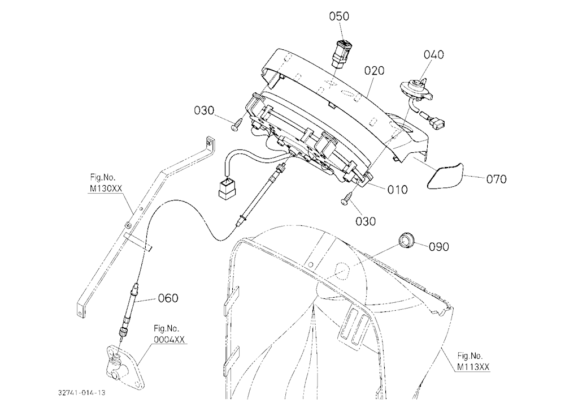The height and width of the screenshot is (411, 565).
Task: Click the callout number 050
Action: click(x=339, y=16)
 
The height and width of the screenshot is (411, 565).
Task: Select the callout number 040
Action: click(x=434, y=54)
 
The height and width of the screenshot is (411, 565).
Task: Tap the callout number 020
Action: click(x=375, y=70)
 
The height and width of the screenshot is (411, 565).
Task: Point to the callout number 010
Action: click(x=397, y=190)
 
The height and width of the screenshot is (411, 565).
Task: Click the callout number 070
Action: click(x=496, y=179)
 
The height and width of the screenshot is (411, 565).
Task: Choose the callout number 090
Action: click(x=439, y=247)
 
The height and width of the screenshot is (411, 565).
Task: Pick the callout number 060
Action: click(x=168, y=298)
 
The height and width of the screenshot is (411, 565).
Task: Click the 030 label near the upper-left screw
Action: click(x=204, y=110)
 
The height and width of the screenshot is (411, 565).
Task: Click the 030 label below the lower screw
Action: click(x=366, y=221)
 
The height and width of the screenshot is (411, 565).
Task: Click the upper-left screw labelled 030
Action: click(x=236, y=125)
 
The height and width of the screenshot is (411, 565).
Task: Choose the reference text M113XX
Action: click(x=473, y=367)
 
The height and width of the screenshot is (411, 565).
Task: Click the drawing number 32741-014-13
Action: click(x=82, y=392)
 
